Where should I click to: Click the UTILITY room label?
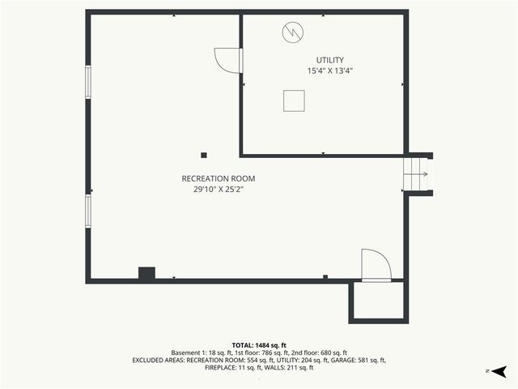click(x=329, y=60)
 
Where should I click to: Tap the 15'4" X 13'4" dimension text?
click(x=329, y=71)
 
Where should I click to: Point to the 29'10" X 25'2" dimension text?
click(x=218, y=190)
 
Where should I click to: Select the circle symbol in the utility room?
click(x=291, y=32)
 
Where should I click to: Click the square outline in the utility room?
click(x=294, y=100)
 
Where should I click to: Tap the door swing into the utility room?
click(x=226, y=60)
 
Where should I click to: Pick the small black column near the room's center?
click(x=204, y=155)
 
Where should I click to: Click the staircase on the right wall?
click(x=416, y=173)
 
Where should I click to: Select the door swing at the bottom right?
click(x=376, y=264)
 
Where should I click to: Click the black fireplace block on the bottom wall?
click(x=146, y=274)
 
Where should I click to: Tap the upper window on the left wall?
click(x=88, y=82)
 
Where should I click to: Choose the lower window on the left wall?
click(x=88, y=211)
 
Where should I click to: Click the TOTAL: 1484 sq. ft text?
click(x=259, y=345)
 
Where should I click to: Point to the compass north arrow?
click(x=499, y=370)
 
